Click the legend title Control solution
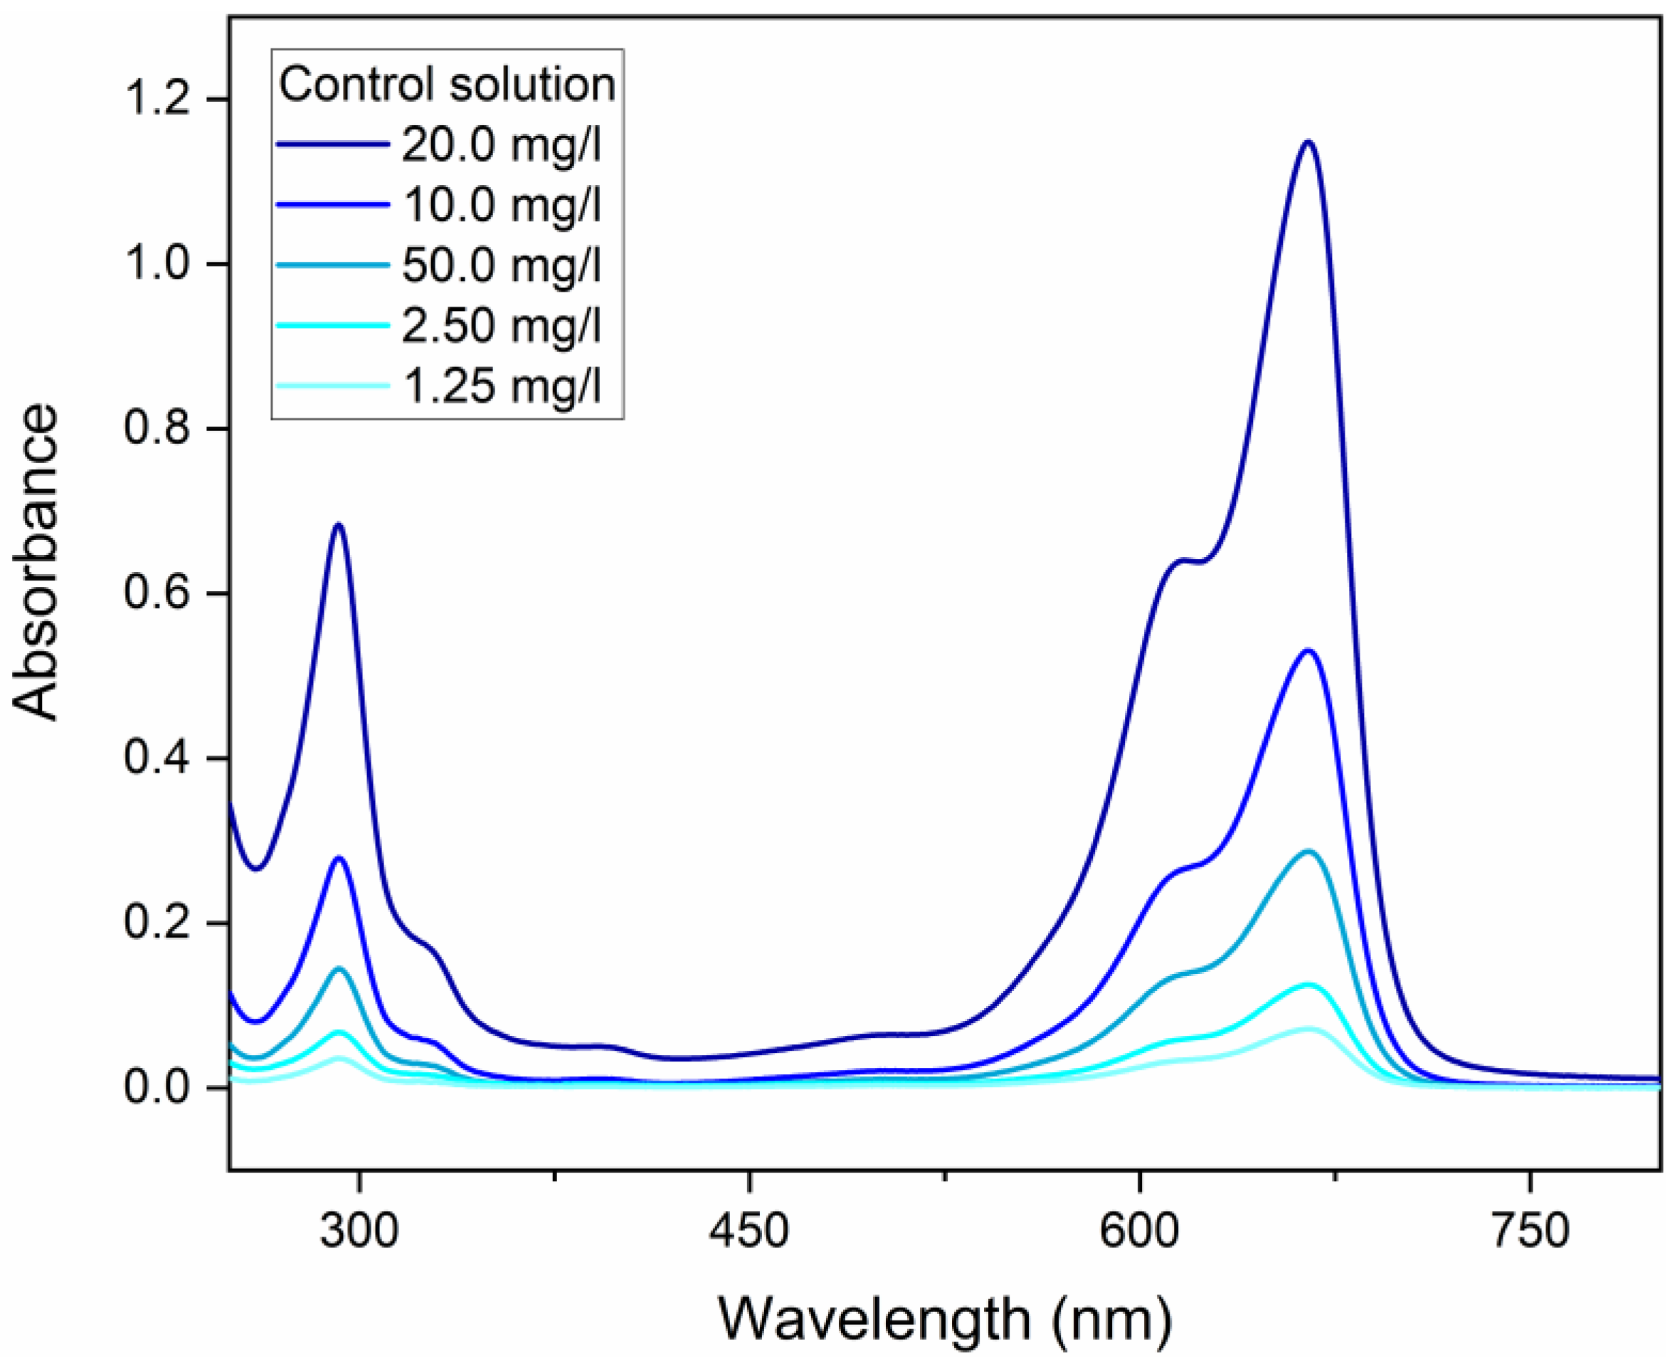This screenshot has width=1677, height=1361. pos(447,85)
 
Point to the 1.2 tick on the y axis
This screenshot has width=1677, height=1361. pos(157,100)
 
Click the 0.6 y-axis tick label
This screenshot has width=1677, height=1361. pos(157,593)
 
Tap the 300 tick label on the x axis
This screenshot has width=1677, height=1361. pos(359,1232)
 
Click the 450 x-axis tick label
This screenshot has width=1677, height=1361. pos(748,1232)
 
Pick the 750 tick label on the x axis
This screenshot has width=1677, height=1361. pos(1530,1232)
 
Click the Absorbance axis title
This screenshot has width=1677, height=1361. pos(36,561)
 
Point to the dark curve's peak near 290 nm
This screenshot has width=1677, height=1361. pos(339,524)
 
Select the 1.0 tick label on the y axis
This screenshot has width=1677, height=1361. pos(157,264)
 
